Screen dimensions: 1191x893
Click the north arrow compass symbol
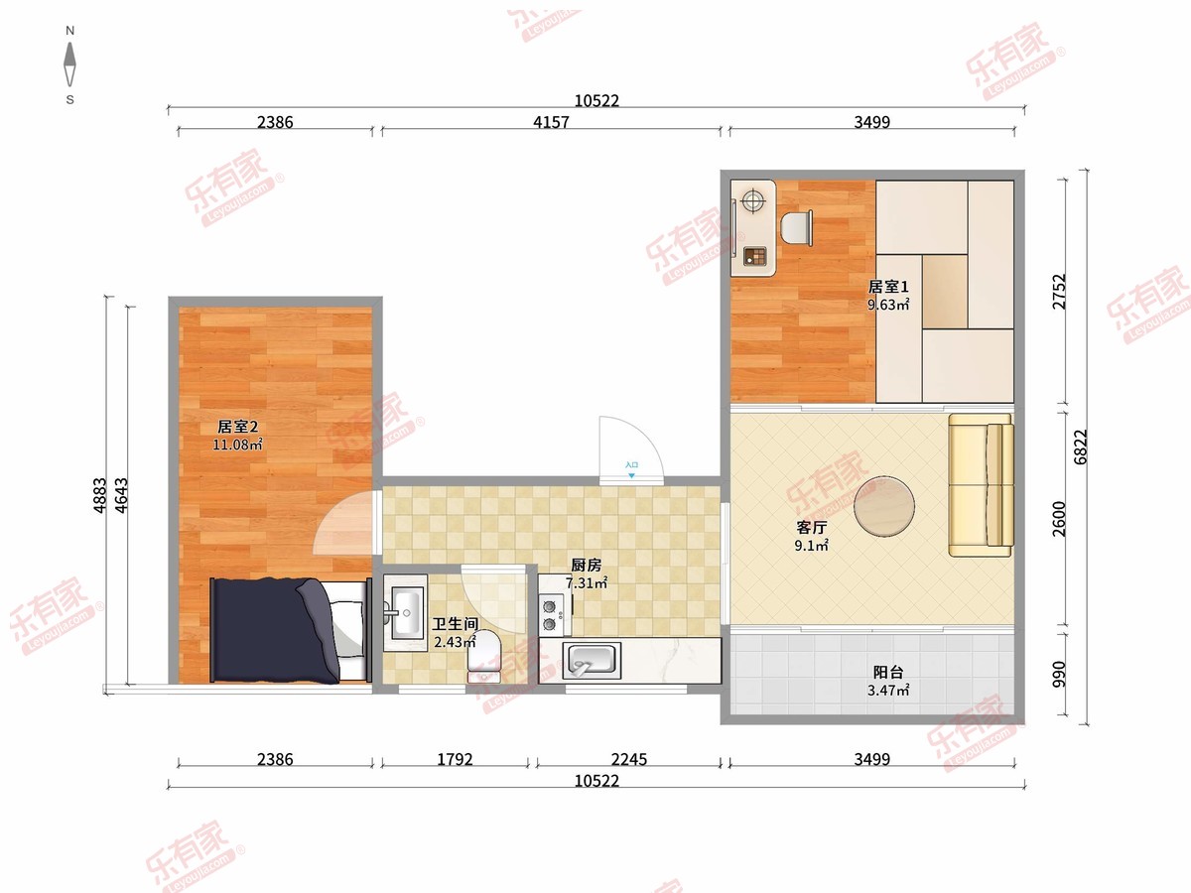tap(70, 64)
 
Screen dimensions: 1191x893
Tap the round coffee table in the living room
tap(884, 506)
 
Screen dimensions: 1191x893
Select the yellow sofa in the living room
tap(981, 485)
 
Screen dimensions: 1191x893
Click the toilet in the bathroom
tap(484, 656)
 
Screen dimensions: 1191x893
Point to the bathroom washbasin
tap(406, 612)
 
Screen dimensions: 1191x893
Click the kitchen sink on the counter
tap(592, 661)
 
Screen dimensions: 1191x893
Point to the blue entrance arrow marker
tap(631, 475)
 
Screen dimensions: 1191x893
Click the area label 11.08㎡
tap(237, 446)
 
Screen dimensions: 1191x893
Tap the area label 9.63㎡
tap(888, 305)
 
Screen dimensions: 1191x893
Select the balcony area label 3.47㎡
tap(888, 691)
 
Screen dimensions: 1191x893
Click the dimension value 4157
tap(551, 122)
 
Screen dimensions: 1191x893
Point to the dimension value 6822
tap(1080, 446)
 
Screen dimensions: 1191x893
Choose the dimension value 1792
tap(455, 759)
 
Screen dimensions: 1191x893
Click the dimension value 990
tap(1059, 675)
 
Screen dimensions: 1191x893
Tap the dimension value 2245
tap(629, 759)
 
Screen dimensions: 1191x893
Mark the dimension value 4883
tap(99, 495)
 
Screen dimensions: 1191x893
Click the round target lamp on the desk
tap(752, 201)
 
